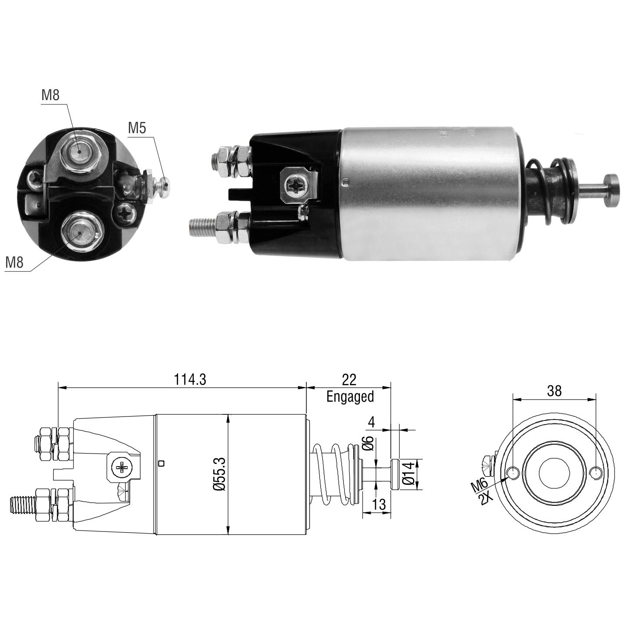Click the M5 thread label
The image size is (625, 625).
(x=137, y=128)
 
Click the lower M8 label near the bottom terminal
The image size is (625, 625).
(x=14, y=262)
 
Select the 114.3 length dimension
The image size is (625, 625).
(x=190, y=379)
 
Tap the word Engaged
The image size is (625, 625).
(x=350, y=397)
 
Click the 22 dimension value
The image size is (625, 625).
(x=349, y=379)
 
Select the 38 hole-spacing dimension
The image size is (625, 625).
(x=554, y=391)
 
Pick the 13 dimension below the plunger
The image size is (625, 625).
(x=379, y=504)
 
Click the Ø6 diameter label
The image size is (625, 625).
(x=370, y=444)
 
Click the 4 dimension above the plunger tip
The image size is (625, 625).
(x=372, y=422)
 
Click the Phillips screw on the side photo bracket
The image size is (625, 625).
(x=296, y=185)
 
